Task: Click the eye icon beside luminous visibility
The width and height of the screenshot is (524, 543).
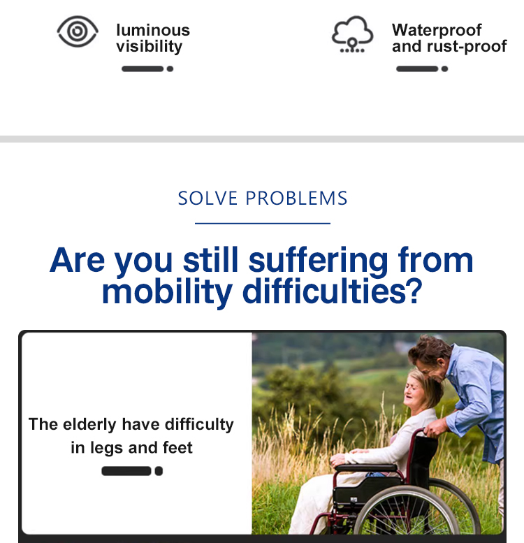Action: click(78, 31)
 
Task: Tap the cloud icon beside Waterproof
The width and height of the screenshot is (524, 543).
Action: click(352, 34)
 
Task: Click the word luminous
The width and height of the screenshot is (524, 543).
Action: click(153, 31)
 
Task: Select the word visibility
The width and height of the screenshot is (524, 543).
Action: click(150, 46)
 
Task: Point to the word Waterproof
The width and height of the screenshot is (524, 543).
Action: click(437, 30)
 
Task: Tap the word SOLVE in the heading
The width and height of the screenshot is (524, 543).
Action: click(208, 198)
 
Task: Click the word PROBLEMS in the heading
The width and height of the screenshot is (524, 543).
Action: click(296, 198)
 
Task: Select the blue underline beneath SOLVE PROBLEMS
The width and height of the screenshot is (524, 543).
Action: click(262, 224)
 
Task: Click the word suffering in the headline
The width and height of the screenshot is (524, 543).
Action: click(319, 261)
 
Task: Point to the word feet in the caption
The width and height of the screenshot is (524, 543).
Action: click(177, 447)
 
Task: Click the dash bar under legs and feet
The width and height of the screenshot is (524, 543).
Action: click(132, 471)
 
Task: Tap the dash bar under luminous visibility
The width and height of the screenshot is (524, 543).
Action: click(147, 68)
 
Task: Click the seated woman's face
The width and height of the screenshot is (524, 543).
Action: click(414, 391)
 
